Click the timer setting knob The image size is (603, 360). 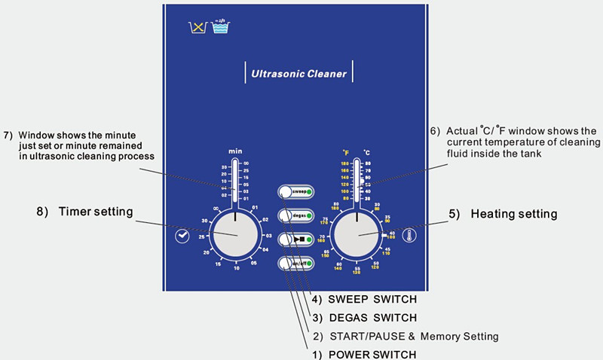[x=235, y=234]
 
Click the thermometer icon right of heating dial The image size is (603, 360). [x=409, y=235]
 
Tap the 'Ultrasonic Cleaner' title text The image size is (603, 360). [x=298, y=74]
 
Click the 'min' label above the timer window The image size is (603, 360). [x=235, y=152]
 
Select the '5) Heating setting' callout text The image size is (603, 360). [x=503, y=214]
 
